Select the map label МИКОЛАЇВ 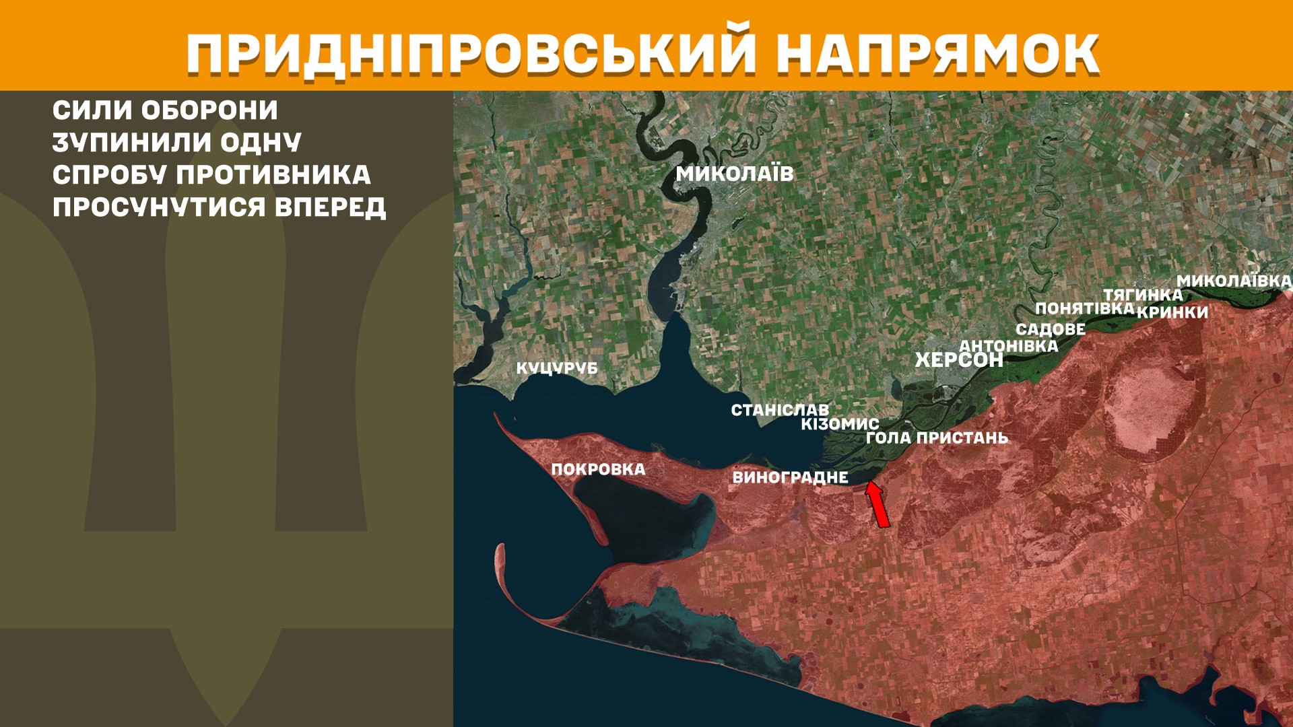coord(735,174)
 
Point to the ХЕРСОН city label coord(959,360)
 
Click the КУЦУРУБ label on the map coord(557,369)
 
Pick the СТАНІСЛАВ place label coord(780,410)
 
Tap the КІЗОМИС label coord(840,424)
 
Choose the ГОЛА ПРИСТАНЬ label coord(937,438)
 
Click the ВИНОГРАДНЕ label coord(790,478)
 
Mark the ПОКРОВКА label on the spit coord(598,470)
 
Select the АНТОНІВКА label coord(1008,346)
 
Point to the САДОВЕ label coord(1051,330)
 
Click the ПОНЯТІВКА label coord(1084,309)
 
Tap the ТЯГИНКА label coord(1143,295)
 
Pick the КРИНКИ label coord(1172,312)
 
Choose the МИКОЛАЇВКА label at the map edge coord(1234,281)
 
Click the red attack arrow coord(877,505)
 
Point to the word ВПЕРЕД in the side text coord(330,207)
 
